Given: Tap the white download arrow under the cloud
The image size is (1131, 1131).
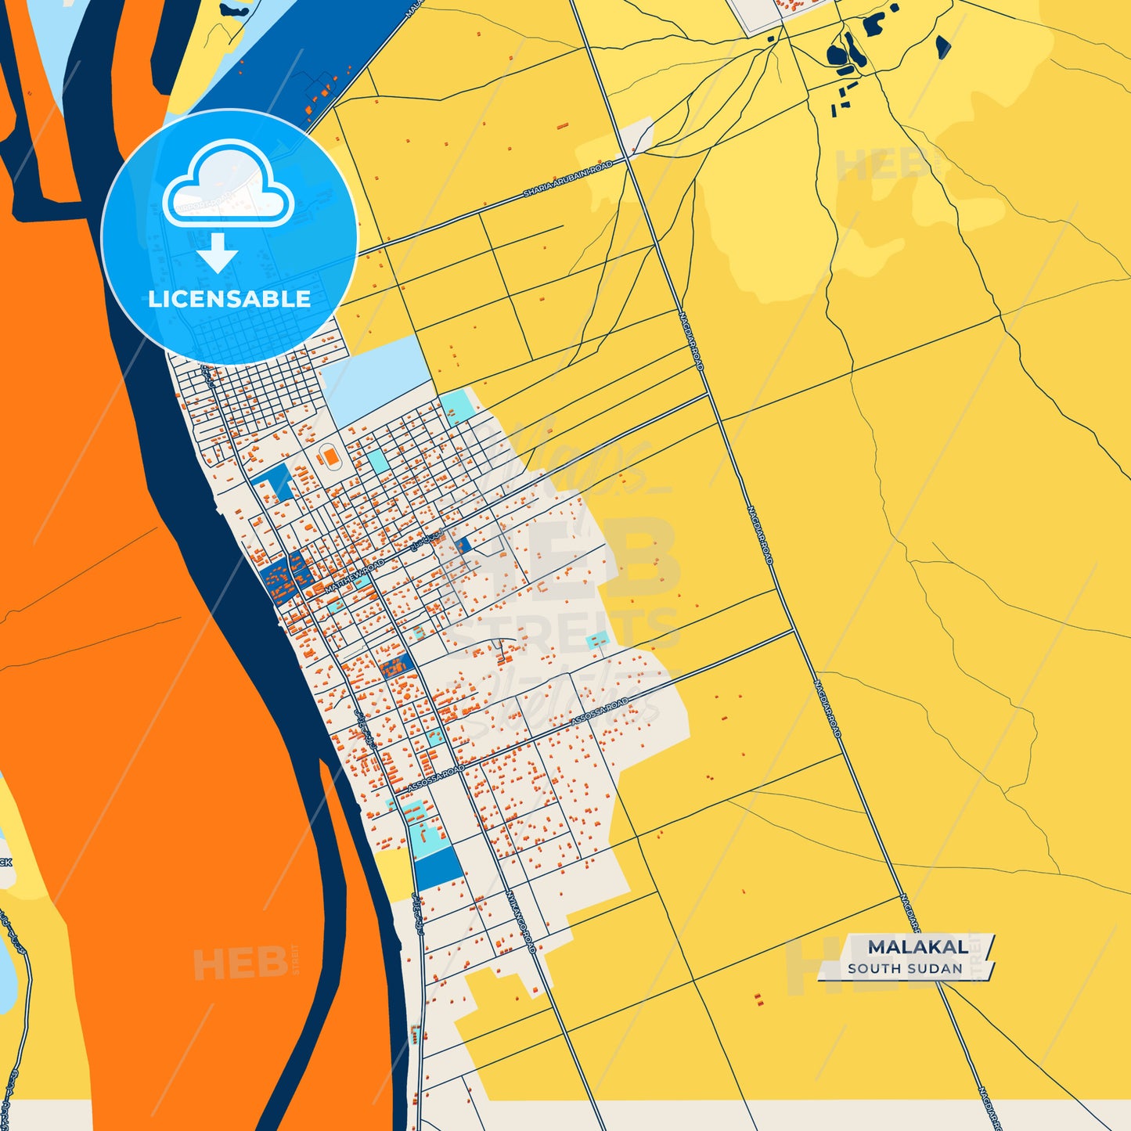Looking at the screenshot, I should point(218,252).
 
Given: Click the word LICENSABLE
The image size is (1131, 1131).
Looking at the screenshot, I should point(229,299).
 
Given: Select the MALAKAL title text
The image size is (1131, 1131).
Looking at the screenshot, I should point(917,947).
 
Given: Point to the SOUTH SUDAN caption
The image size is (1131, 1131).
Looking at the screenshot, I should point(905,968).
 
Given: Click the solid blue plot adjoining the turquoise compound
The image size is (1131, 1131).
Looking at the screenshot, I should point(438,867).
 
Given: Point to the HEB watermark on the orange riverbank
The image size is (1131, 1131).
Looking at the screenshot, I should point(240,963).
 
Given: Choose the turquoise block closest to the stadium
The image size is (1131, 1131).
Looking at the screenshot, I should point(378,461).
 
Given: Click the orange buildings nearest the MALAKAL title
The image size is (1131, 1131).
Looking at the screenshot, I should point(758,1000).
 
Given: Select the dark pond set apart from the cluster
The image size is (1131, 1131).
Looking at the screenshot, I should point(942,47).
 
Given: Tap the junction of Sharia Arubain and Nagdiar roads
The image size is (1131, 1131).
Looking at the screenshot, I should point(631,157).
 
